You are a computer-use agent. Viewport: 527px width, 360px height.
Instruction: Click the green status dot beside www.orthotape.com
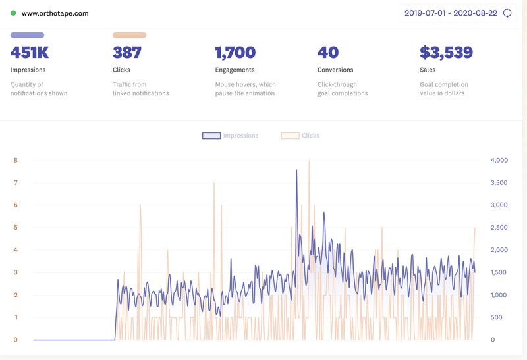[13, 13]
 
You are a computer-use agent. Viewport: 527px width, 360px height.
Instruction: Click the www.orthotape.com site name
[55, 13]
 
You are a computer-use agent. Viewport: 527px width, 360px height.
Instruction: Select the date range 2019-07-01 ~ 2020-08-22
[451, 13]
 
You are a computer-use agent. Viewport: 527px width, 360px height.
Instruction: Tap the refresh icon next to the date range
[507, 13]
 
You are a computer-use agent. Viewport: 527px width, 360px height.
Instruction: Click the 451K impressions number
[30, 53]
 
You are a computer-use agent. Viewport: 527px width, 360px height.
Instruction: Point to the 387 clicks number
[127, 53]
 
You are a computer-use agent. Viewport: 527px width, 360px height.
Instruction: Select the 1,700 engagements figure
[235, 53]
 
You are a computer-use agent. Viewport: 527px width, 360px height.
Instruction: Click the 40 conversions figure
[328, 53]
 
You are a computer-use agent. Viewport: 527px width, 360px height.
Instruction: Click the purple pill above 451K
[27, 35]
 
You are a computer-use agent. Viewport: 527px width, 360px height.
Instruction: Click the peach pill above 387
[129, 35]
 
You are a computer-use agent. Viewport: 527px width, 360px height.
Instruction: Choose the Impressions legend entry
[231, 136]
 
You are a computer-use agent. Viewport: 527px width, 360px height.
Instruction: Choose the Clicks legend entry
[300, 136]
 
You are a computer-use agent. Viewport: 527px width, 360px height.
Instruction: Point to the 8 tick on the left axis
[15, 160]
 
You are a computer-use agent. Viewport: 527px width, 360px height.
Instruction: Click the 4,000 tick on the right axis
[499, 160]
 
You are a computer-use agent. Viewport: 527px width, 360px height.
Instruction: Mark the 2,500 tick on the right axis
[499, 228]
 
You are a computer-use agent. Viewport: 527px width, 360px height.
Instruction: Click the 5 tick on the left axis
[15, 228]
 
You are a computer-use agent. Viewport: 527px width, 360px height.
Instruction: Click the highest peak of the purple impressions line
[296, 170]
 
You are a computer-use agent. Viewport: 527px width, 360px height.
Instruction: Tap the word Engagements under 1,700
[235, 70]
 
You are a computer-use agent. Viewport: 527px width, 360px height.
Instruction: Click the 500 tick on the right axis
[497, 317]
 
